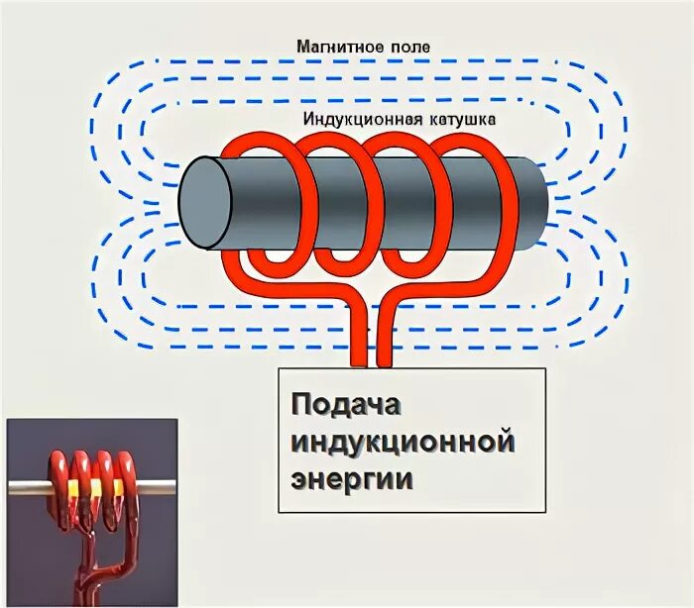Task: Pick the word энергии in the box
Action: [x=351, y=478]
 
